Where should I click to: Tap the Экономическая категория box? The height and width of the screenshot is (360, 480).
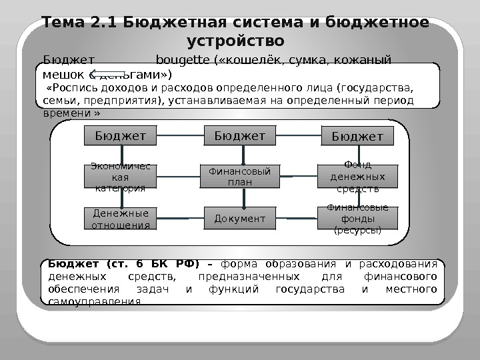(x=120, y=177)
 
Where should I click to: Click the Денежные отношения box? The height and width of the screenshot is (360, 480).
(x=120, y=218)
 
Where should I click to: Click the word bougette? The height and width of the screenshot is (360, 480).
(x=181, y=59)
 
